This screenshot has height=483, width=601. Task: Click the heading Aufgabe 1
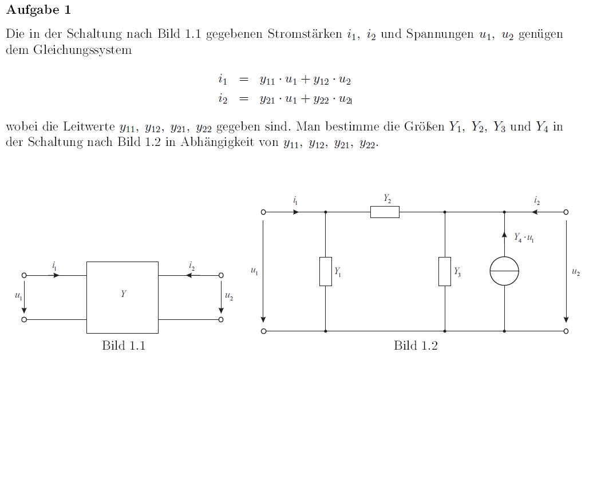[39, 10]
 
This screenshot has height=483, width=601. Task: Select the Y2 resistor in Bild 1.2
[385, 212]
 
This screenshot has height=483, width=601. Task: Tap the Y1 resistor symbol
[326, 271]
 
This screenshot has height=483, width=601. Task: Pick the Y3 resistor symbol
[445, 271]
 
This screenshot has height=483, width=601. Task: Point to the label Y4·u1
[524, 237]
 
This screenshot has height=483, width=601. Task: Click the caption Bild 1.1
[124, 346]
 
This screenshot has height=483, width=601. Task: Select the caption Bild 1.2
[416, 346]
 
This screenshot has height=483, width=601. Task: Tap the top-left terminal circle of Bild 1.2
[263, 212]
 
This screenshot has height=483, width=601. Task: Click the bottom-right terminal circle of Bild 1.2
[566, 331]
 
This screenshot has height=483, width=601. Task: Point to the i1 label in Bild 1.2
[295, 200]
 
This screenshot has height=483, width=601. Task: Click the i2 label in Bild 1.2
[537, 200]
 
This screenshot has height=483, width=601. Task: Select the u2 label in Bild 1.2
[576, 272]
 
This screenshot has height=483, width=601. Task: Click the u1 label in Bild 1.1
[18, 296]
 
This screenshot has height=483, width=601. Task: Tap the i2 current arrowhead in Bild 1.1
[188, 275]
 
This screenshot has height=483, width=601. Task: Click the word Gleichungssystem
[82, 50]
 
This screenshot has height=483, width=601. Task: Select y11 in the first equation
[267, 81]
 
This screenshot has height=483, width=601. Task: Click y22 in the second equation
[321, 100]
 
